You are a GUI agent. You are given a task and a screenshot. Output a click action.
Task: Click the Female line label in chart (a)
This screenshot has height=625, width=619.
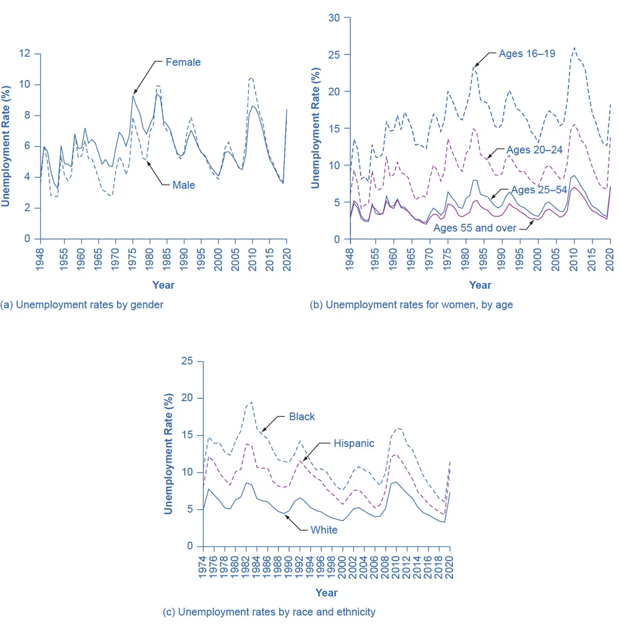pos(183,62)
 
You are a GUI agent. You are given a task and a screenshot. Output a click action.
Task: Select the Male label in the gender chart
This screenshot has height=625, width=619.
pos(184,185)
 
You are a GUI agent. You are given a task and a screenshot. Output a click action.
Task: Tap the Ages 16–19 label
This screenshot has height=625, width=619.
pos(527,53)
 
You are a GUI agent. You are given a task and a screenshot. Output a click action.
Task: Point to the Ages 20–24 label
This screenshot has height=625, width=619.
pos(534,150)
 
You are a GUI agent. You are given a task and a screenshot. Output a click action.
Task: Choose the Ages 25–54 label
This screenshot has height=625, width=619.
pos(539,190)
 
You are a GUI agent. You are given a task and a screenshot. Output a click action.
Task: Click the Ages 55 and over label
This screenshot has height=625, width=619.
pos(475,228)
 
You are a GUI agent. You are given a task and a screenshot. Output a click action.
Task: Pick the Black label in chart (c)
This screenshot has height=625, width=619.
pos(302,416)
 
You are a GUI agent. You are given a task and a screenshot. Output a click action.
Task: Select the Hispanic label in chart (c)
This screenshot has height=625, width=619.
pos(354,444)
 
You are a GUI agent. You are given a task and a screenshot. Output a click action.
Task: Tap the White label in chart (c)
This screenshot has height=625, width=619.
pos(324,530)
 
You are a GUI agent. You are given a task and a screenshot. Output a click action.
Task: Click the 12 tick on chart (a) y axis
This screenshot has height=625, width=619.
pos(25,53)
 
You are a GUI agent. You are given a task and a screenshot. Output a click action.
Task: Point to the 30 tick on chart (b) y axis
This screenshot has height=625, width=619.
pos(334,18)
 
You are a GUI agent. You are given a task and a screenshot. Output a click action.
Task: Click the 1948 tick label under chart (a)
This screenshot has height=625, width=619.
pos(40,260)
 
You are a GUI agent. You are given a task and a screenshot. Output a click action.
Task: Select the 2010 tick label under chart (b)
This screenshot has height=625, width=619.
pos(574,260)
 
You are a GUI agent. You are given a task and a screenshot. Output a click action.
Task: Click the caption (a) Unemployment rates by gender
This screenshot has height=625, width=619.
pos(82,305)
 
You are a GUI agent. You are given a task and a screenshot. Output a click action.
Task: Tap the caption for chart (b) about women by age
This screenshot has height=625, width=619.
pos(411,305)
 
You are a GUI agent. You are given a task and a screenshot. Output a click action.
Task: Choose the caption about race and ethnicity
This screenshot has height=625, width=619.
pos(269,612)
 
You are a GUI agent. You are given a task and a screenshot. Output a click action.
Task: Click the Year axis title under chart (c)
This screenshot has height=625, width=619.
pos(326,593)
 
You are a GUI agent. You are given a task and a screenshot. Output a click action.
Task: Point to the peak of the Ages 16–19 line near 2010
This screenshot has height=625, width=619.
pos(574,48)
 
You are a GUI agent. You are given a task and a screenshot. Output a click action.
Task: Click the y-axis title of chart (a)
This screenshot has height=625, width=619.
pos(6,146)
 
